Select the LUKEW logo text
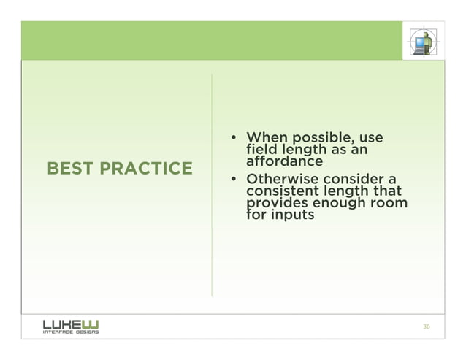[72, 322]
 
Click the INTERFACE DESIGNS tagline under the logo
[71, 332]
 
